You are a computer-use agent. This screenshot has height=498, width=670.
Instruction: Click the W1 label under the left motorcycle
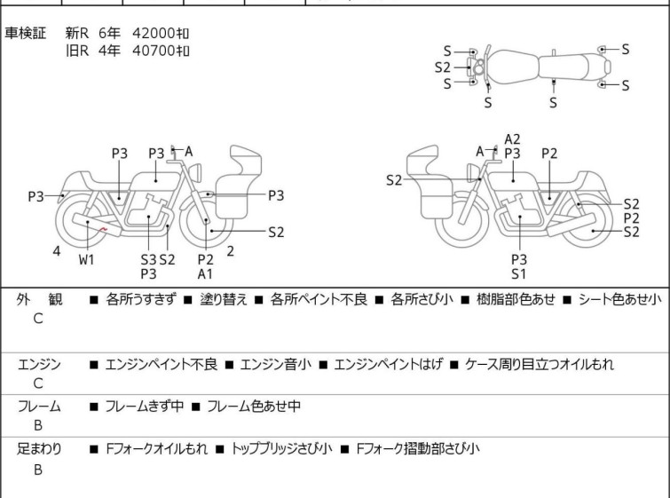[x=86, y=259]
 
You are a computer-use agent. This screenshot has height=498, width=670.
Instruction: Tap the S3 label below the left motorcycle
[x=149, y=259]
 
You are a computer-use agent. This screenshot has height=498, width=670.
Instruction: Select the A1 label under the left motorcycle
[x=205, y=274]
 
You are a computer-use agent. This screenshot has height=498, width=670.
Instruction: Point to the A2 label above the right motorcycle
[x=512, y=139]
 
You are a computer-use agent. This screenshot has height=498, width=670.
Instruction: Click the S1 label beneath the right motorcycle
[x=519, y=274]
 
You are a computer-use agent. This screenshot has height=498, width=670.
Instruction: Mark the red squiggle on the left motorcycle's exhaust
[x=103, y=230]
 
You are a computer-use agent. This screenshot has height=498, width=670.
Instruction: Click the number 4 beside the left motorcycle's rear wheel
[x=57, y=251]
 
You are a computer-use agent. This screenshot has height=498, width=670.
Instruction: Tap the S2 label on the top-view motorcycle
[x=443, y=67]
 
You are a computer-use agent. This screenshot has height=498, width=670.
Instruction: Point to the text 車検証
[x=25, y=33]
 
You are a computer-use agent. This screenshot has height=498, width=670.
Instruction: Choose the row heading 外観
[x=39, y=299]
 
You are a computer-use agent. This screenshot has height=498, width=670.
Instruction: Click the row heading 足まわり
[x=39, y=448]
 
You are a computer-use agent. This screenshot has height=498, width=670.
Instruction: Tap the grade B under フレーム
[x=38, y=425]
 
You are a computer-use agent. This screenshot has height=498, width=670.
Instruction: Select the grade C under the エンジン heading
[x=38, y=383]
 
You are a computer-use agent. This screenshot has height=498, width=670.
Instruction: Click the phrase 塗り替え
[x=224, y=299]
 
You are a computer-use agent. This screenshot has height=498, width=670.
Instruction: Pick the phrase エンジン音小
[x=276, y=364]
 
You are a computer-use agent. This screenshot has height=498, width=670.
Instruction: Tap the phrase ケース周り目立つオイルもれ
[x=540, y=364]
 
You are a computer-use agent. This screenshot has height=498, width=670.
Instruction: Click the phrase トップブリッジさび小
[x=281, y=448]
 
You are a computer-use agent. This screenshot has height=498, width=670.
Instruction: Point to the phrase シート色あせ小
[x=620, y=299]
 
